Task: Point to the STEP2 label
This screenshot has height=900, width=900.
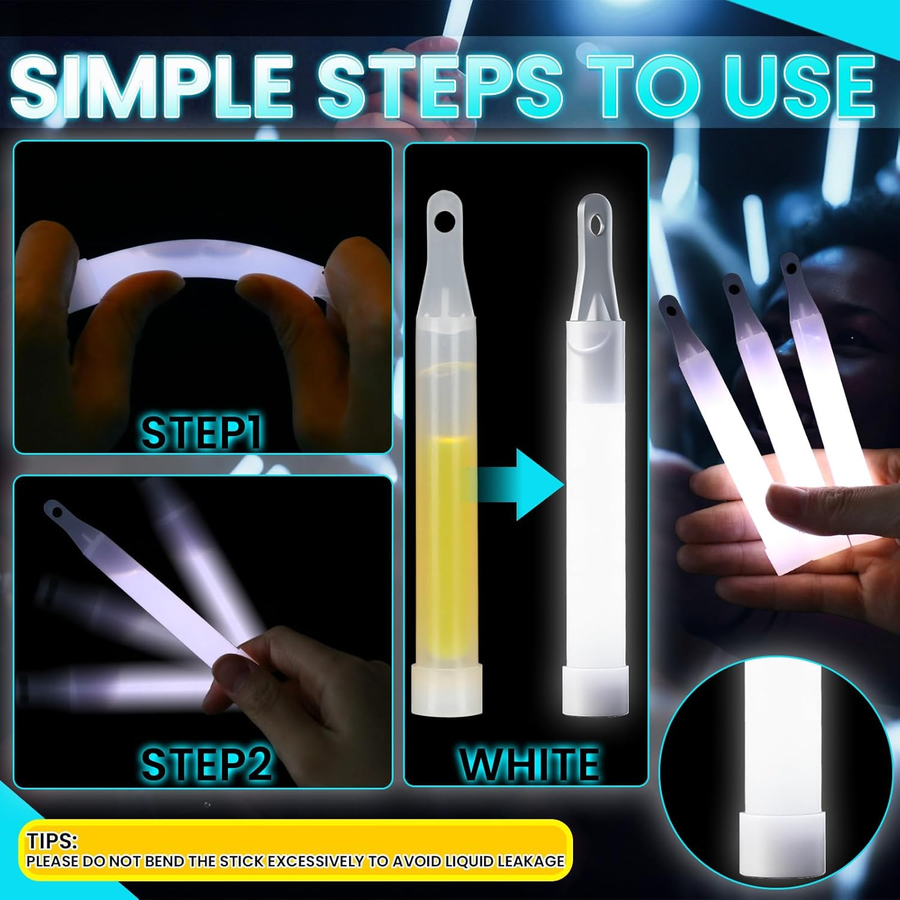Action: [206, 764]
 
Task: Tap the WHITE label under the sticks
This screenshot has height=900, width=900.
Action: [529, 764]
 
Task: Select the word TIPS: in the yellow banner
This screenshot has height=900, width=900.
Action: [52, 841]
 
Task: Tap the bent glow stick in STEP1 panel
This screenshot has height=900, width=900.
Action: [204, 264]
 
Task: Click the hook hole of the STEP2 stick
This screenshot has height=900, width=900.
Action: [56, 512]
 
